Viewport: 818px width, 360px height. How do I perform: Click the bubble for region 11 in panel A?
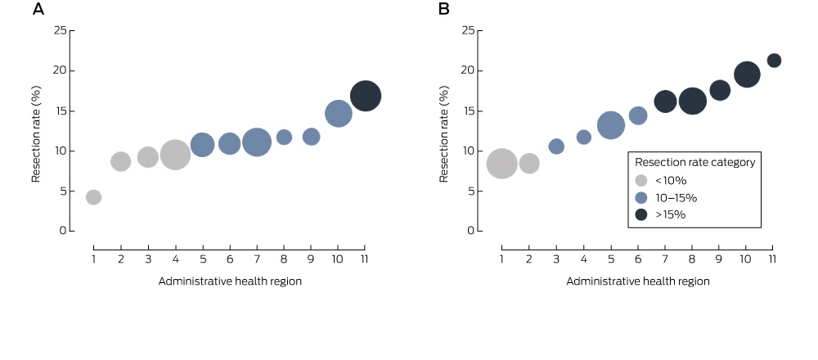[365, 96]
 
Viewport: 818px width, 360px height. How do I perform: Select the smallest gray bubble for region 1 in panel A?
[93, 197]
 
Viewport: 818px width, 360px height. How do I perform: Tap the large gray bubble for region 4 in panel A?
[175, 155]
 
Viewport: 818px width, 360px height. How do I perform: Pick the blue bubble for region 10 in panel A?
[338, 113]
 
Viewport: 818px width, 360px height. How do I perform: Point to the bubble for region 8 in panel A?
[284, 137]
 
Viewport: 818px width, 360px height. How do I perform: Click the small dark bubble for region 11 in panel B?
[774, 61]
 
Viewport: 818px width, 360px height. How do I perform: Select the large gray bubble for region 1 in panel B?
[502, 164]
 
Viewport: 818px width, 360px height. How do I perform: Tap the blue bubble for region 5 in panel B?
[611, 125]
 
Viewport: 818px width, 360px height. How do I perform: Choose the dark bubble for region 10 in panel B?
[747, 74]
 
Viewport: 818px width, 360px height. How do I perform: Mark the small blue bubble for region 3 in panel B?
[556, 146]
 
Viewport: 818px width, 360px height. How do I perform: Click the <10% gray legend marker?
[641, 181]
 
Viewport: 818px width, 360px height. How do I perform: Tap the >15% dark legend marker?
[641, 214]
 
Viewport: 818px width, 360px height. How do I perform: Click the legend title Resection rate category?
[694, 162]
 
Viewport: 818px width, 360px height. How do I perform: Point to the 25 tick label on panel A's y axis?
[61, 30]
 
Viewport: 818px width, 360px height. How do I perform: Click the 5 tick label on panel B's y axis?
[472, 191]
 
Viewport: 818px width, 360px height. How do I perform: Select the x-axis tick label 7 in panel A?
[257, 259]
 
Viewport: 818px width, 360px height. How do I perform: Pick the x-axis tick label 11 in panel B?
[773, 259]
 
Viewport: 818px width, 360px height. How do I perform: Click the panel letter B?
[444, 9]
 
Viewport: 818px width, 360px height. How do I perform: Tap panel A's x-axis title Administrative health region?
[230, 281]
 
